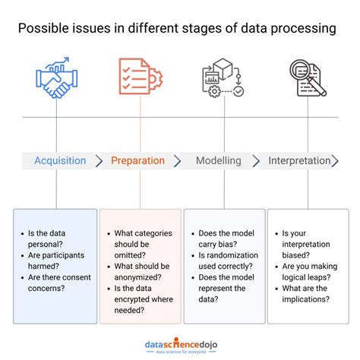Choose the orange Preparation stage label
tap(137, 161)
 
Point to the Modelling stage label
tap(219, 161)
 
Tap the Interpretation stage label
tap(299, 161)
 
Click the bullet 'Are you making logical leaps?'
tap(308, 272)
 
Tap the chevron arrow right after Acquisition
tap(100, 161)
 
